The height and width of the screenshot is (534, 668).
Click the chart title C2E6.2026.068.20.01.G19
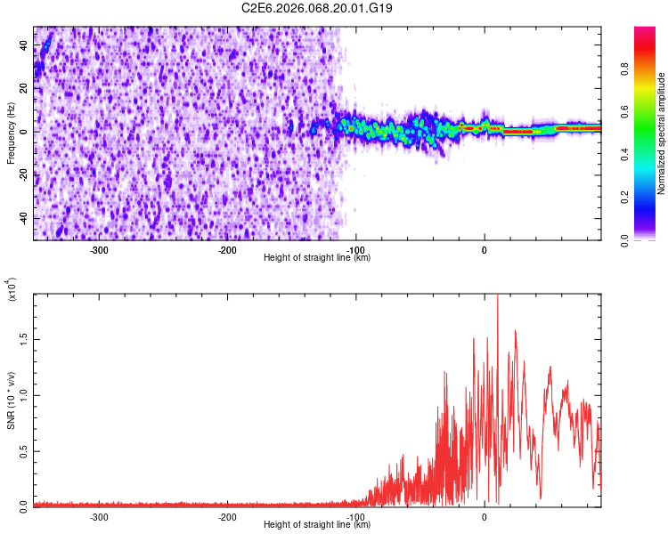[318, 8]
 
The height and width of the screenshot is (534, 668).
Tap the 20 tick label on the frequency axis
[22, 88]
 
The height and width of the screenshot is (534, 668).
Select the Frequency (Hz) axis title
[10, 133]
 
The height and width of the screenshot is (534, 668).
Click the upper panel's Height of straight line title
[317, 258]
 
